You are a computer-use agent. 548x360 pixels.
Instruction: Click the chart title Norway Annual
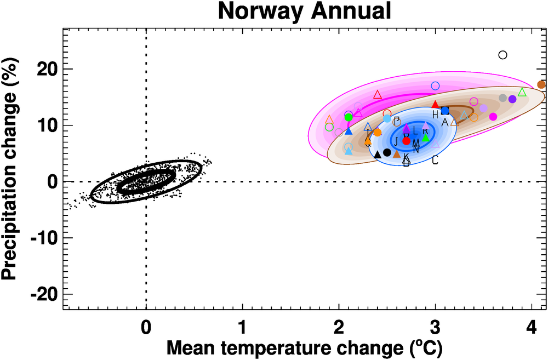coord(305,11)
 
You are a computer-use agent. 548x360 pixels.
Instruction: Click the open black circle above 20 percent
coord(503,55)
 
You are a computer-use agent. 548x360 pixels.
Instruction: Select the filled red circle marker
coord(406,141)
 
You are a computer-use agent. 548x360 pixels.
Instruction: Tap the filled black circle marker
coord(387,152)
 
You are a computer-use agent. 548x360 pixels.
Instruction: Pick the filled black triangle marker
coord(377,155)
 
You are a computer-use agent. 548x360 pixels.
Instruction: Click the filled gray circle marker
coord(503,98)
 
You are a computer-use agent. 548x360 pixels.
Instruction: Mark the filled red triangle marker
coord(435,105)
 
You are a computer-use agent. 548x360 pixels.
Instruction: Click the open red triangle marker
coord(377,95)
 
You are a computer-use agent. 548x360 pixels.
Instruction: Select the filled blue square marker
coord(445,111)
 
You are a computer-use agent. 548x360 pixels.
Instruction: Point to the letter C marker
coord(435,160)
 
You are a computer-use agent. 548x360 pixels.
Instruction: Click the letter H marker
coord(435,115)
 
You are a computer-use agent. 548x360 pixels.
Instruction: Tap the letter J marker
coord(395,141)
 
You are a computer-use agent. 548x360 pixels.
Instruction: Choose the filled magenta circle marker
coord(493,116)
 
